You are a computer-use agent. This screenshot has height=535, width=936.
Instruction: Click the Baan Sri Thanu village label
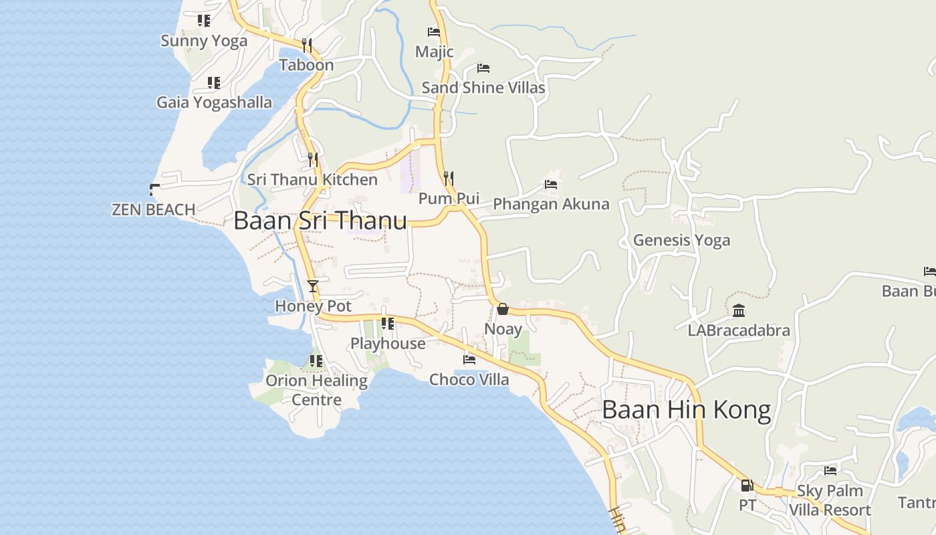[x=320, y=221]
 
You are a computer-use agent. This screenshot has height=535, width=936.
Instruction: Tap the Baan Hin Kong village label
[x=686, y=409]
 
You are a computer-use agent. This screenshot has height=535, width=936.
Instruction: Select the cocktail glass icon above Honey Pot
[x=312, y=286]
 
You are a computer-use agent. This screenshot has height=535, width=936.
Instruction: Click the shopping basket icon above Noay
[x=503, y=309]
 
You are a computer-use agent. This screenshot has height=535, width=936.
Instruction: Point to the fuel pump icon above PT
[x=747, y=485]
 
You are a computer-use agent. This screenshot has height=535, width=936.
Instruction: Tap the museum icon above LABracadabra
[x=739, y=310]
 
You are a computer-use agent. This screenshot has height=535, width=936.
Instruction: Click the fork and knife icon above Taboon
[x=307, y=45]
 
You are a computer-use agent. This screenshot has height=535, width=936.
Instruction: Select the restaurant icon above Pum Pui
[x=449, y=178]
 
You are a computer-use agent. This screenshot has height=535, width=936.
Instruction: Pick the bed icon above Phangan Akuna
[x=551, y=184]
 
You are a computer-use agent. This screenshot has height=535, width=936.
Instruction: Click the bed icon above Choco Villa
[x=469, y=359]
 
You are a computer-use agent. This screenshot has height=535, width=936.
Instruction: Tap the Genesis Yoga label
[x=681, y=240]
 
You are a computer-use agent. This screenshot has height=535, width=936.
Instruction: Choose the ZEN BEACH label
[x=153, y=209]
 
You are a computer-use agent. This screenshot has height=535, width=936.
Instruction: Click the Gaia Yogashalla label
[x=214, y=102]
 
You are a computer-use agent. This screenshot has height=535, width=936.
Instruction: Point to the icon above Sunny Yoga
[x=204, y=21]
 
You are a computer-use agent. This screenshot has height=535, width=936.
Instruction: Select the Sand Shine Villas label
[x=483, y=88]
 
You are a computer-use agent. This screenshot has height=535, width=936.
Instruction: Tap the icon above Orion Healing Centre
[x=316, y=361]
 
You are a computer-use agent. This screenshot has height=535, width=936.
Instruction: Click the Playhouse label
[x=388, y=344]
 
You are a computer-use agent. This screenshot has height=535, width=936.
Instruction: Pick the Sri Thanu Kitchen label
[x=312, y=180]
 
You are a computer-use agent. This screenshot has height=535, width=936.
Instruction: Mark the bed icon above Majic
[x=434, y=31]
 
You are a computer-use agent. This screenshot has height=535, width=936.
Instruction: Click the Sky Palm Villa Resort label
[x=830, y=500]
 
